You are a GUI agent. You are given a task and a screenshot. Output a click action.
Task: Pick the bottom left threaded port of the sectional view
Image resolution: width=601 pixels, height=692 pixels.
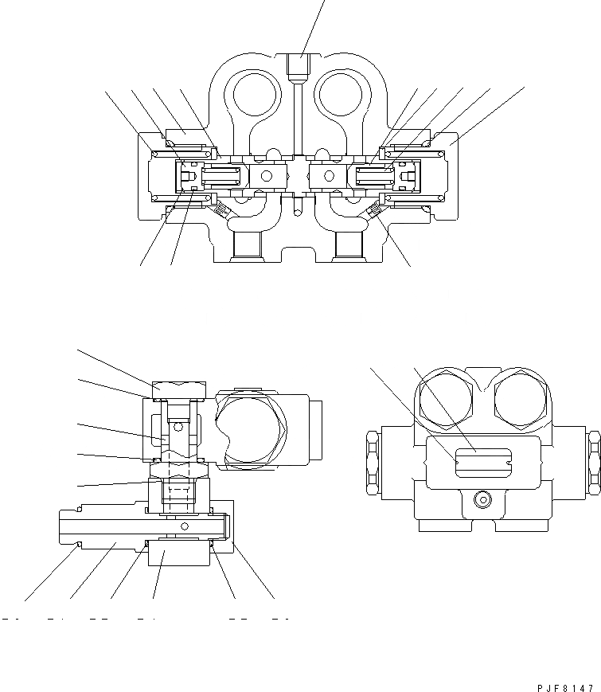pos(245,246)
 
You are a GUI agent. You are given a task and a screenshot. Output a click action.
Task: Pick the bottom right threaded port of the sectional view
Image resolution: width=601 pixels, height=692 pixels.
pos(350,246)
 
